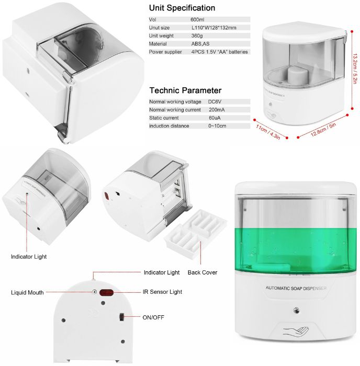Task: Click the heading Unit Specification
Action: (x=182, y=8)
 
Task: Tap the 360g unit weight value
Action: (x=197, y=36)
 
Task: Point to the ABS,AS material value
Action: (x=200, y=44)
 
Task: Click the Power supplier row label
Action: (x=167, y=52)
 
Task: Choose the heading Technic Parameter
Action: (x=185, y=90)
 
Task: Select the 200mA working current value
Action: (x=217, y=110)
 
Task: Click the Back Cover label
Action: (x=203, y=272)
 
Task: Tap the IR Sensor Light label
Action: (x=162, y=292)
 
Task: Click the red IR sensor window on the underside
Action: (x=107, y=292)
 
